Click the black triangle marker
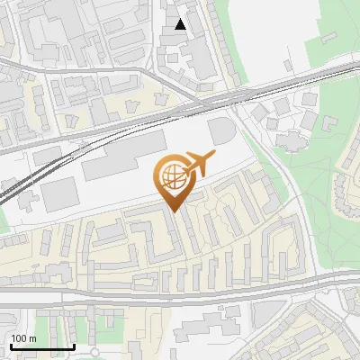click(181, 24)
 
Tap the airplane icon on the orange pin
click(197, 166)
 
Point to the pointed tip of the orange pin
click(172, 211)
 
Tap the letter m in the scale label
click(32, 338)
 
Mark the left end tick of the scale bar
click(10, 346)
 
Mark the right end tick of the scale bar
click(74, 346)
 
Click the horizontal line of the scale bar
click(41, 347)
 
